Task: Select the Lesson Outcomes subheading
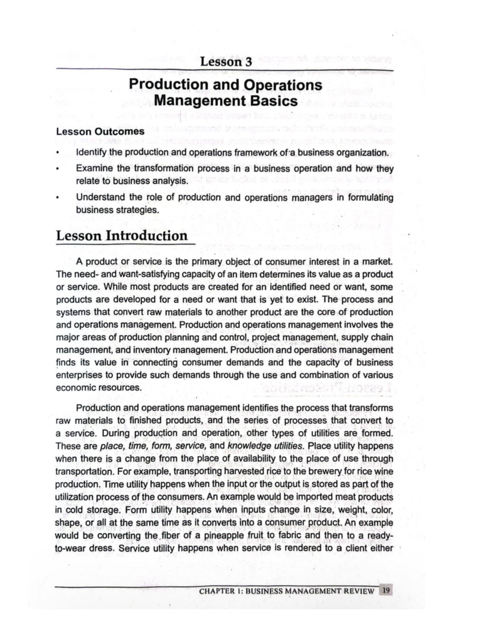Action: (100, 132)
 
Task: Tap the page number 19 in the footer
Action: (386, 591)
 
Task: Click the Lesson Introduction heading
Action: (122, 236)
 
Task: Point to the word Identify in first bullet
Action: (91, 153)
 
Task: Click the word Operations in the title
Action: (283, 85)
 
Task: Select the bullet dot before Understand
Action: (58, 198)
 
